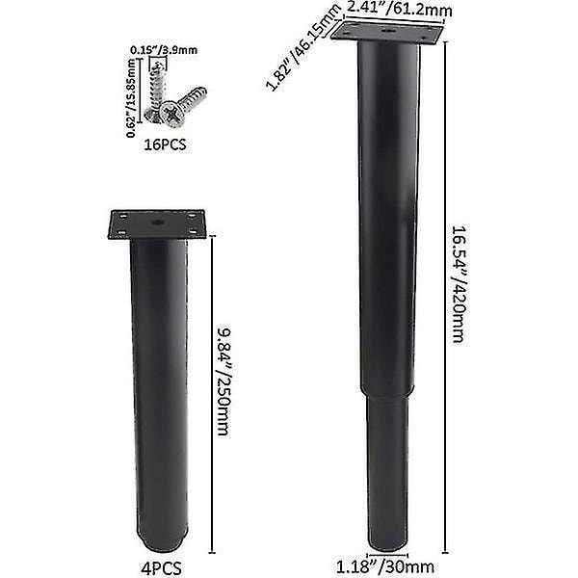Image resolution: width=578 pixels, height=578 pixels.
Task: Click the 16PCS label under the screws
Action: click(x=165, y=144)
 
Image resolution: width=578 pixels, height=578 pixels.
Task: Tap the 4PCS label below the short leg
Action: click(x=162, y=568)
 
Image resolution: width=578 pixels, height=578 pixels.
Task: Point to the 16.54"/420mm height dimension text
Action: click(x=460, y=284)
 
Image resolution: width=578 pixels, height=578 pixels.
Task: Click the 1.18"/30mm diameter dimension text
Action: click(x=384, y=566)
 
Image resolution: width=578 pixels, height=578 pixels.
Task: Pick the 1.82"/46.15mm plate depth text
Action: click(x=303, y=48)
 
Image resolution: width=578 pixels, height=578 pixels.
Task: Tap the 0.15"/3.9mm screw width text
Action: click(x=164, y=50)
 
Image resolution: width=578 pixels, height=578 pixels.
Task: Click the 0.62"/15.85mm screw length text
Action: click(x=131, y=98)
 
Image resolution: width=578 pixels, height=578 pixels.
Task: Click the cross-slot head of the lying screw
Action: click(x=172, y=114)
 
